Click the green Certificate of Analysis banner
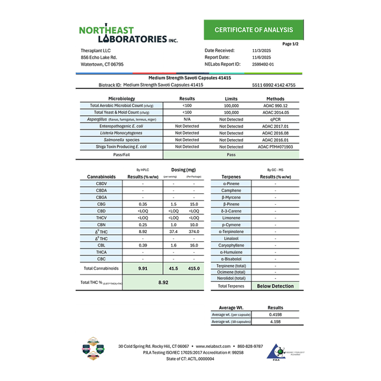click(x=253, y=30)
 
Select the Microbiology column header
click(x=121, y=98)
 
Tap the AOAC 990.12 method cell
click(x=275, y=105)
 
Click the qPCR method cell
click(x=275, y=119)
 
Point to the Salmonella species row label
click(x=121, y=140)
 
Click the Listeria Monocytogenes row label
click(x=121, y=133)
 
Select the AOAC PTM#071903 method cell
click(x=275, y=147)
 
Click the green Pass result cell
click(x=231, y=154)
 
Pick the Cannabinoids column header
click(x=101, y=176)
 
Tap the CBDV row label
click(x=101, y=183)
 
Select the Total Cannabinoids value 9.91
click(x=143, y=269)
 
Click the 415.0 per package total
click(x=193, y=269)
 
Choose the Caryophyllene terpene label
click(x=231, y=244)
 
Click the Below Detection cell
click(x=275, y=286)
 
